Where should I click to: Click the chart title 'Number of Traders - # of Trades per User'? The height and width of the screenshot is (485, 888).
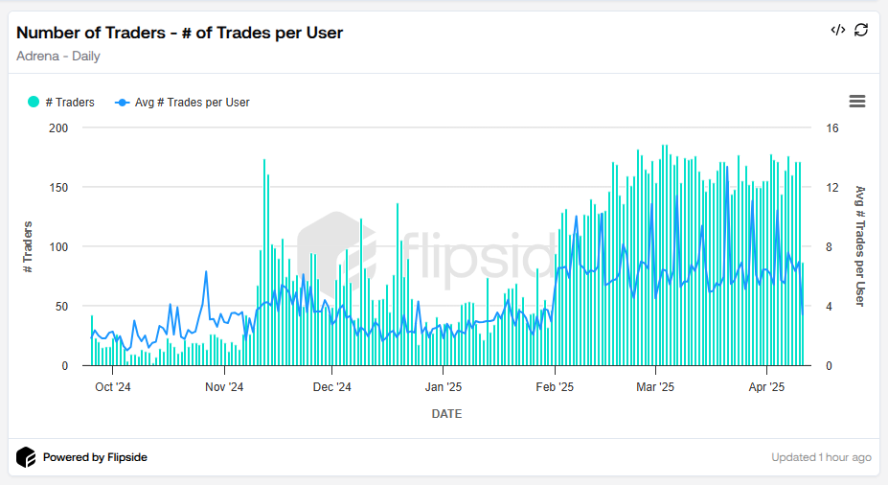[x=179, y=33]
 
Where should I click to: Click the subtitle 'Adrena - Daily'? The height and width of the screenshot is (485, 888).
[x=58, y=56]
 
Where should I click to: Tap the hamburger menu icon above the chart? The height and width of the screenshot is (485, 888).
[x=857, y=102]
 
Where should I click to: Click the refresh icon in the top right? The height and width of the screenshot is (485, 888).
[x=861, y=30]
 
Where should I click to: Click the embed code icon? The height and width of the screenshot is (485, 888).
[x=837, y=30]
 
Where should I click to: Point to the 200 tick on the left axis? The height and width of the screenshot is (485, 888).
[x=59, y=127]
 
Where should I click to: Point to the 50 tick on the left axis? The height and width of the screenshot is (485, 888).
[x=62, y=306]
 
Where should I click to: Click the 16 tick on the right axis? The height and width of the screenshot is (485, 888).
[x=832, y=127]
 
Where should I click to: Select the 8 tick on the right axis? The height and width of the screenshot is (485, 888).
[x=830, y=246]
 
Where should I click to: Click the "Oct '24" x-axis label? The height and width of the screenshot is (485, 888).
[x=112, y=387]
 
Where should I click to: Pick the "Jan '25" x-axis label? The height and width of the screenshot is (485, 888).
[x=444, y=387]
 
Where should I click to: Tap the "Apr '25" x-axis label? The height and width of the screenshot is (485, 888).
[x=766, y=387]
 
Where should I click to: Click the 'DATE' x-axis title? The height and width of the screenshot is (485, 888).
[x=446, y=414]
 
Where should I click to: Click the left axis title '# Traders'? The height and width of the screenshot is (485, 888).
[x=28, y=246]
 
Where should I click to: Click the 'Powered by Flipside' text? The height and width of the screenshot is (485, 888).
[x=95, y=457]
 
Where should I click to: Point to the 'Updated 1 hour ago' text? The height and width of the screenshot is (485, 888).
[x=821, y=457]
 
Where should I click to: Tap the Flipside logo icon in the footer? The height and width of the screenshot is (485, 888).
[x=26, y=457]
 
